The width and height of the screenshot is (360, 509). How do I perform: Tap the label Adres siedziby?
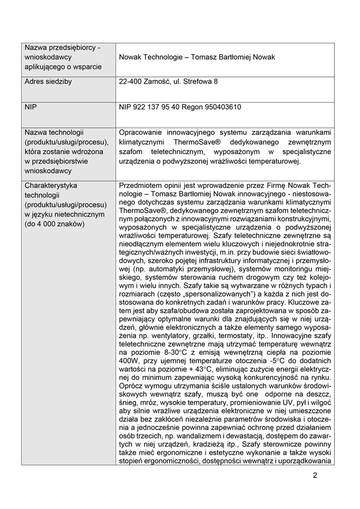(x=48, y=82)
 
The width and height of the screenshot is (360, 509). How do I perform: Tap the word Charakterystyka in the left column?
(x=51, y=185)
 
